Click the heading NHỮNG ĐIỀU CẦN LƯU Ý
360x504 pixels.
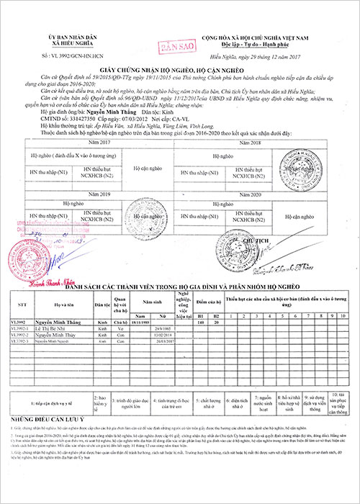(x=49, y=419)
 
